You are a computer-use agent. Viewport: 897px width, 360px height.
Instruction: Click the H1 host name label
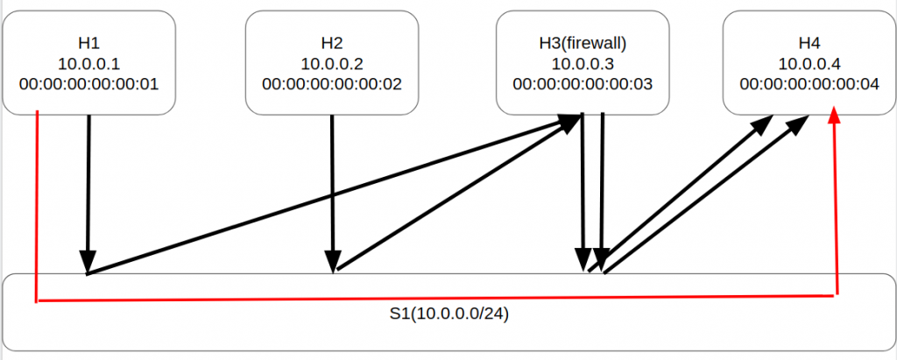click(x=88, y=42)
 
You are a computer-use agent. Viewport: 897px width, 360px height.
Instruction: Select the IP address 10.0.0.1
click(x=88, y=63)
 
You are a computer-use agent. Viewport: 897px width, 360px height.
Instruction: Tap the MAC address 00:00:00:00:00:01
click(x=88, y=84)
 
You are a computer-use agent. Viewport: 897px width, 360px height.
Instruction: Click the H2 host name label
click(x=331, y=42)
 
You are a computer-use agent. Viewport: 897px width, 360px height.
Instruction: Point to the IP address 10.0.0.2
click(x=331, y=63)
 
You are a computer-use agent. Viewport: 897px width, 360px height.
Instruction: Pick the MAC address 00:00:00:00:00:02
click(x=331, y=84)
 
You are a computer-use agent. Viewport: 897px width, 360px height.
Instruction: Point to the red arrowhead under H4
click(x=835, y=116)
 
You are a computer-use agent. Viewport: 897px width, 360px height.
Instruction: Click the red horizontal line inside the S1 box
click(x=438, y=300)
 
